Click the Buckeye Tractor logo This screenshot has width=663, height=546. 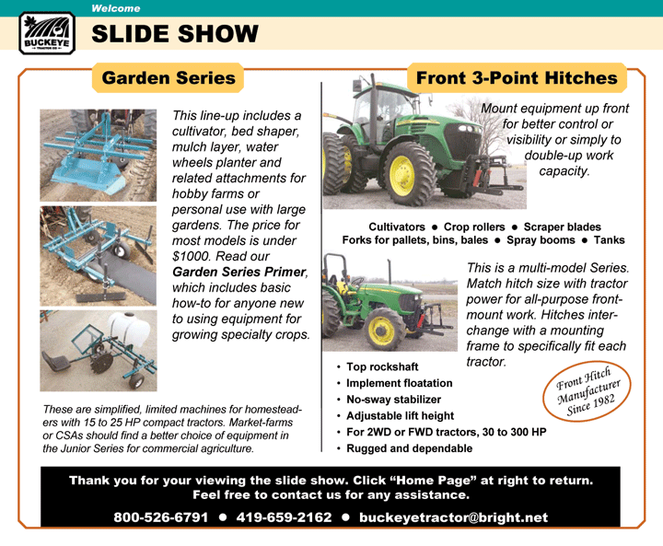pos(47,33)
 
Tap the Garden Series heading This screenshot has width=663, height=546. pos(169,78)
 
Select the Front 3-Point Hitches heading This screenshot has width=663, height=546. pos(517,78)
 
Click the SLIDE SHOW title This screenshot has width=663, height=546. pos(175,34)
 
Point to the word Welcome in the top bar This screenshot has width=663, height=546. pos(115,8)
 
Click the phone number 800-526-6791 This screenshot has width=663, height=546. pos(160,517)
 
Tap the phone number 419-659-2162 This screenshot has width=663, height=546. pos(284,517)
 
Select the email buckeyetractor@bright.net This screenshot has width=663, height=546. pos(453,517)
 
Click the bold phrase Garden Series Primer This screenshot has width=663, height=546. pos(238,272)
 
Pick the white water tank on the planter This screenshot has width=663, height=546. pos(130,330)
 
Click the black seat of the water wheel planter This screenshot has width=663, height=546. pos(57,364)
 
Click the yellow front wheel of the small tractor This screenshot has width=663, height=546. pos(381,330)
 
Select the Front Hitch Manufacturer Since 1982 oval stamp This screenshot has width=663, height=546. pos(587,391)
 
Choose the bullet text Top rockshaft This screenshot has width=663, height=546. pos(382,366)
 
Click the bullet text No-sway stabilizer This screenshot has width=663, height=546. pos(394,400)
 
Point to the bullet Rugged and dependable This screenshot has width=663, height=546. pos(409,448)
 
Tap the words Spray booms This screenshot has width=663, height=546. pos(541,240)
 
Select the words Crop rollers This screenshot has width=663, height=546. pos(474,227)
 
